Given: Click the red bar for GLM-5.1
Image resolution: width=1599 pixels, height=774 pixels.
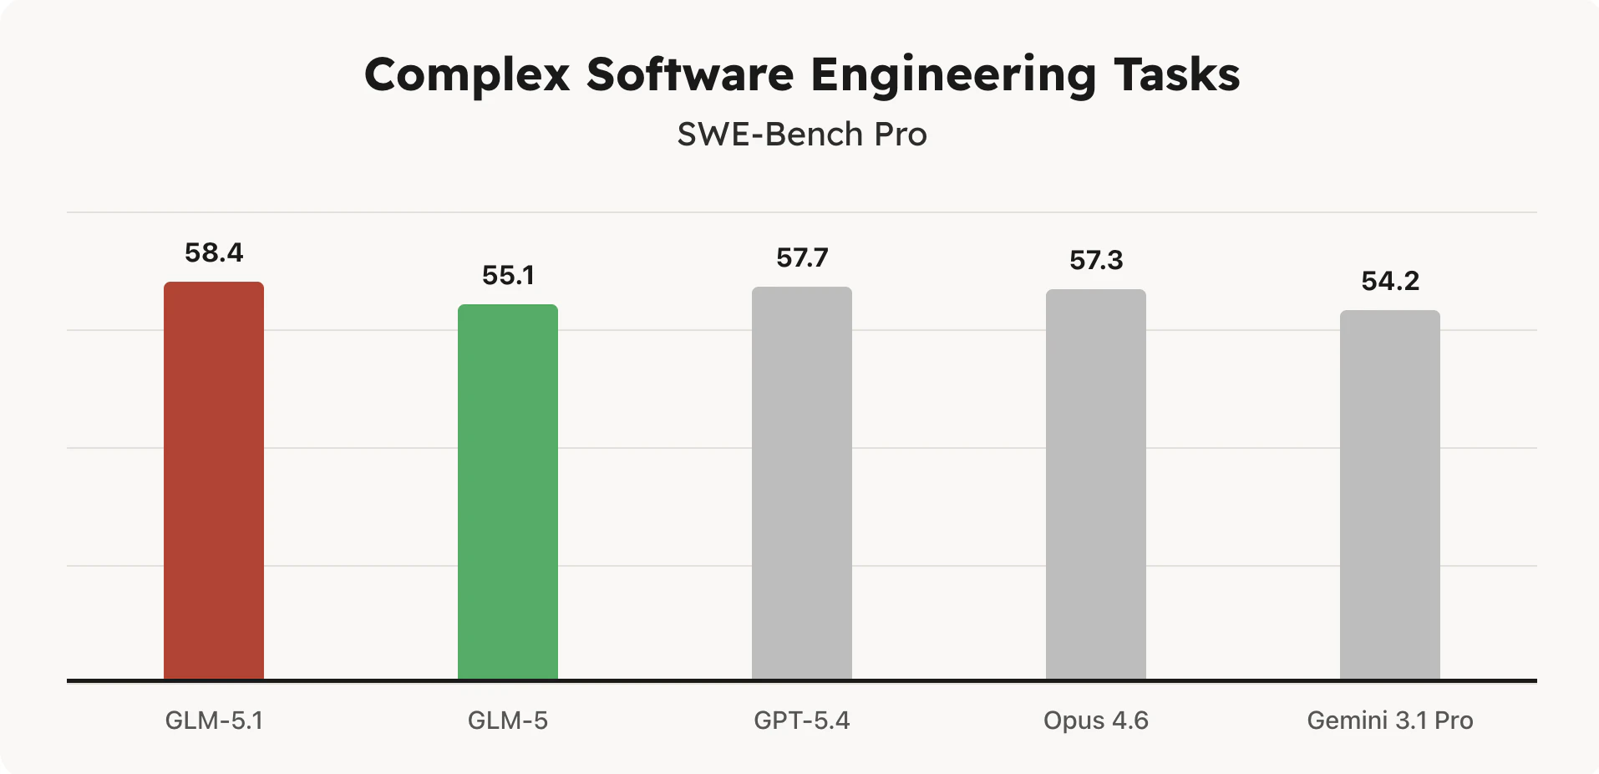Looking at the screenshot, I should tap(214, 481).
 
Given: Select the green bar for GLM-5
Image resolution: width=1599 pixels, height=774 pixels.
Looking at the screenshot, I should tap(508, 491).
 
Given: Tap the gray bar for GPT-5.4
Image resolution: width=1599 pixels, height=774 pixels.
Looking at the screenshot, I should tap(802, 483).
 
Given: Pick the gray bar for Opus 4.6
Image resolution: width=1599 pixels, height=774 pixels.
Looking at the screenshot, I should tap(1096, 485).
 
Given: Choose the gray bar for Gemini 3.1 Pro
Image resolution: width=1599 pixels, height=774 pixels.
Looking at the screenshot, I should tap(1390, 495).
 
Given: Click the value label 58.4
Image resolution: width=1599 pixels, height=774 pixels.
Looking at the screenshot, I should tap(214, 252).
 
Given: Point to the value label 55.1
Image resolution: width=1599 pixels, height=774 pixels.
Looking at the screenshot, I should tap(508, 275).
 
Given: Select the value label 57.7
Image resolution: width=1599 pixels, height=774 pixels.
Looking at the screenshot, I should tap(802, 257).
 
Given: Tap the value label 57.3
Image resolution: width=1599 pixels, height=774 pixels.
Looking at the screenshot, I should tap(1096, 260).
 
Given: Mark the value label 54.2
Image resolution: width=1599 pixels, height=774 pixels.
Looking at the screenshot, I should tap(1390, 281).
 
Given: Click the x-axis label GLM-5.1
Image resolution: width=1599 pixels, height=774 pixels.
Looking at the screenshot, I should tap(214, 721).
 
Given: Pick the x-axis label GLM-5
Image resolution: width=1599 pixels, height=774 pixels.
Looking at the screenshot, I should tap(508, 721).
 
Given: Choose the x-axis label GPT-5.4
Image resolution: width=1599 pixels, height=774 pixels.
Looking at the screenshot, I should tap(802, 721).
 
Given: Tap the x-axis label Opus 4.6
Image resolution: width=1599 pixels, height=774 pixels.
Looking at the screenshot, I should tap(1096, 721).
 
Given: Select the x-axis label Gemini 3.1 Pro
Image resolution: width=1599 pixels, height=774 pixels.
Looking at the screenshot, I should tap(1390, 721).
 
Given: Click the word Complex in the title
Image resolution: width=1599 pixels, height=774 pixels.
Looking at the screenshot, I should tap(467, 75).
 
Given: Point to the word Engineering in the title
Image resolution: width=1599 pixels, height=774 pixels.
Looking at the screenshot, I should tap(953, 75).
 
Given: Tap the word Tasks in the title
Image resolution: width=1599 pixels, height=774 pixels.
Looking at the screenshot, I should tap(1177, 75).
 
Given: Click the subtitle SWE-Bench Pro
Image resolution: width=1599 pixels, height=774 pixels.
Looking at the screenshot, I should tap(802, 135).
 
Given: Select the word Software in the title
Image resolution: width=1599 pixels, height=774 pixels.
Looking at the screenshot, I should tap(690, 75).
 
